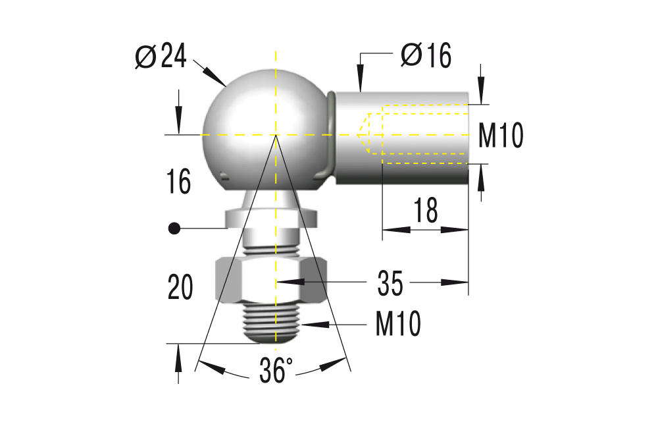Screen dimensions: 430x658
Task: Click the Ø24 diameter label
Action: [x=161, y=57]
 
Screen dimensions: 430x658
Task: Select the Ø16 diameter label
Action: [x=426, y=56]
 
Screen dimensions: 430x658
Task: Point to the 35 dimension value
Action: [x=391, y=283]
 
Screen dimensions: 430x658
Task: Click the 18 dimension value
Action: [x=426, y=211]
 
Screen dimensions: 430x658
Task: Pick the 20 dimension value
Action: [x=180, y=288]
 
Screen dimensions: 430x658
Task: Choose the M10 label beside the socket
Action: [x=501, y=136]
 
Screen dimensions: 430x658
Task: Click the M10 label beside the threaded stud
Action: [x=398, y=324]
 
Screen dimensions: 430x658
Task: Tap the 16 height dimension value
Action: [x=179, y=182]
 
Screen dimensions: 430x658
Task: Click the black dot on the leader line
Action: [x=174, y=228]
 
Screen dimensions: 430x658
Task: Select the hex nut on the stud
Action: [x=271, y=279]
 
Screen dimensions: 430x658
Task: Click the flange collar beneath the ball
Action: [x=271, y=218]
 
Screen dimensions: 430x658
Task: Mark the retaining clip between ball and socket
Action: [x=330, y=138]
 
